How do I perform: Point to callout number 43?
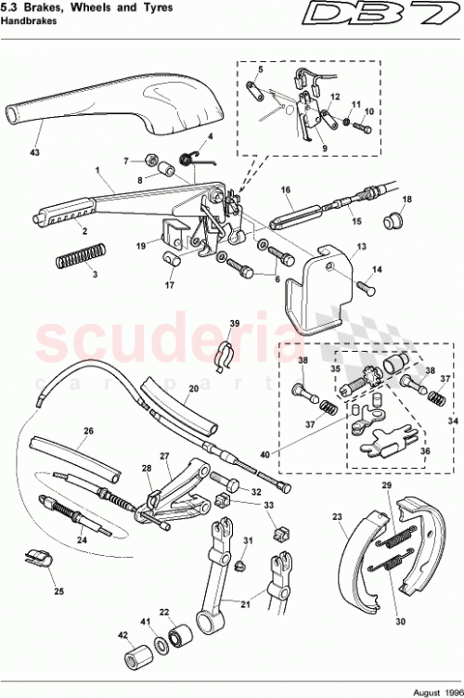[35, 151]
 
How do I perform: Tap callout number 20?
[193, 390]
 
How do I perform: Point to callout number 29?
[387, 486]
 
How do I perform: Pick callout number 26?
[89, 430]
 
